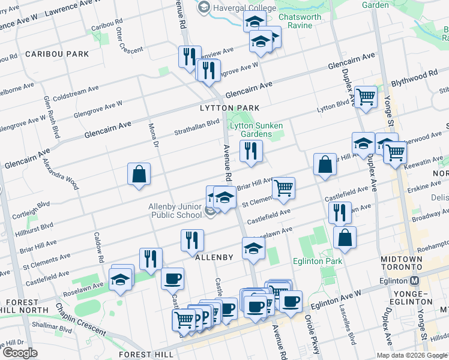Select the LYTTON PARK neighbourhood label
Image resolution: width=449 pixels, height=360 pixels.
point(229,108)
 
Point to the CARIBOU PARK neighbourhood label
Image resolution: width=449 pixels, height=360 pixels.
point(57,54)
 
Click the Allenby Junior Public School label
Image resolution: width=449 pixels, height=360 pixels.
point(175,211)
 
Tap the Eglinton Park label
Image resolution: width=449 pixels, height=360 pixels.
point(318,261)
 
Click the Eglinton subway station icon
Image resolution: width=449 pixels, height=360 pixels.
point(414,281)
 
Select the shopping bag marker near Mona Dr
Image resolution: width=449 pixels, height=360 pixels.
point(139,175)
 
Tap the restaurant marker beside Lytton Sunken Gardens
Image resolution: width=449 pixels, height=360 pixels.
point(251,151)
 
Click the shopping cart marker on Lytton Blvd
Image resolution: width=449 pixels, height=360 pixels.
point(366,97)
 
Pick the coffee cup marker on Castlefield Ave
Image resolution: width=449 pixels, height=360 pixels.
point(172,278)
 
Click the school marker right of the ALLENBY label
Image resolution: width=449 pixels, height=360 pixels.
point(253,248)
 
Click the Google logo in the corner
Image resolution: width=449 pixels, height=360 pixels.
point(20,353)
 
